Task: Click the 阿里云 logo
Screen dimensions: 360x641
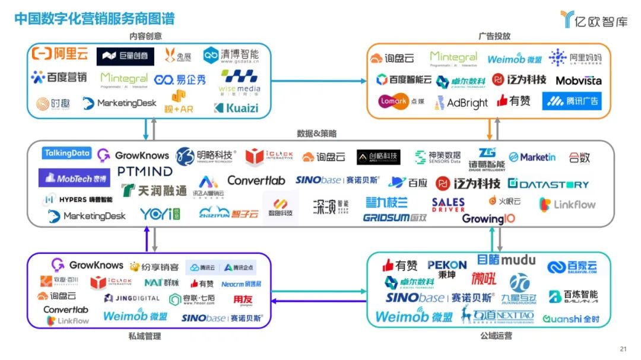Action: click(60, 55)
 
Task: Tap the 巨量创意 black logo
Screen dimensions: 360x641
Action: click(125, 56)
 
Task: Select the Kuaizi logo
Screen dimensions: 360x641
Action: click(236, 108)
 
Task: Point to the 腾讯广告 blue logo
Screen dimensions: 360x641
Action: click(572, 101)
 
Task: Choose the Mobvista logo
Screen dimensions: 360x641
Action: click(578, 80)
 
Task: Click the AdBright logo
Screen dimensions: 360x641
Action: click(461, 103)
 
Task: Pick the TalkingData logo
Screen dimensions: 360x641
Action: click(67, 154)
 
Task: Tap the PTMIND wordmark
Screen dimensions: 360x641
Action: click(145, 171)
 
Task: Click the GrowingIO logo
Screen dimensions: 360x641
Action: click(488, 219)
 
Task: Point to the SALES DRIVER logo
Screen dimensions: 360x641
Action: click(448, 205)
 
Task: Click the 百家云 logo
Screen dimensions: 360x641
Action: click(572, 268)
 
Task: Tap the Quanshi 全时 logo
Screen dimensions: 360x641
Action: click(571, 319)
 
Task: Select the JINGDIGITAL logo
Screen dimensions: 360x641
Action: click(132, 298)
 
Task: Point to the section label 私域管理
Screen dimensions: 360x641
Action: click(145, 336)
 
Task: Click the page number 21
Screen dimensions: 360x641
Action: click(623, 349)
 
